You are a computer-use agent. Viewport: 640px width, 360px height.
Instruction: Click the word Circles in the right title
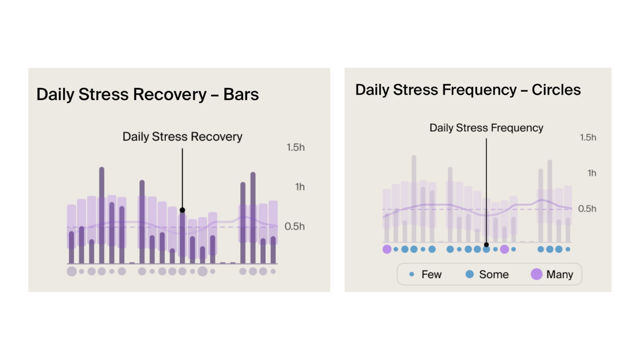click(556, 90)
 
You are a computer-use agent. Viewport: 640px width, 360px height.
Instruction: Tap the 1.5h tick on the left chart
click(295, 147)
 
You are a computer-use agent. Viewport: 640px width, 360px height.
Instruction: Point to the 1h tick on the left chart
click(299, 186)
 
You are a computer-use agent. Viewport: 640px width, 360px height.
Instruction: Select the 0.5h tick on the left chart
click(295, 226)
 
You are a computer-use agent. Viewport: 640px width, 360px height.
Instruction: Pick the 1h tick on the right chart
click(591, 173)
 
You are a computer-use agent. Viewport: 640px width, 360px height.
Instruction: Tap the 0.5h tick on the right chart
click(587, 208)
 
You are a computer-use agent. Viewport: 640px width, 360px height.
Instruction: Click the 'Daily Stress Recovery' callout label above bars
click(182, 136)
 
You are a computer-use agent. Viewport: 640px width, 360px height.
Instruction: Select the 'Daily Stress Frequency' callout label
click(486, 128)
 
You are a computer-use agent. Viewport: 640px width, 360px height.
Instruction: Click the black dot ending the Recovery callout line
click(182, 210)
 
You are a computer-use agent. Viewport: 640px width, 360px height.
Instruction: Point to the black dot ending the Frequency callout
click(486, 245)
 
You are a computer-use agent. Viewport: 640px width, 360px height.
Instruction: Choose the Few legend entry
click(425, 274)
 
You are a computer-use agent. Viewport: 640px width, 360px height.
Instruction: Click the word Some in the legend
click(493, 274)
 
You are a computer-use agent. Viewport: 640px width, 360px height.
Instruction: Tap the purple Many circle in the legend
click(536, 274)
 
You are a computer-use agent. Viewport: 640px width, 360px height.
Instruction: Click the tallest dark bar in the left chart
click(101, 215)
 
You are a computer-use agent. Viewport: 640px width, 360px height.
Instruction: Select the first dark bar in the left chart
click(71, 247)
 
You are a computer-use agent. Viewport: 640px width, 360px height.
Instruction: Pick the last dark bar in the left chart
click(273, 250)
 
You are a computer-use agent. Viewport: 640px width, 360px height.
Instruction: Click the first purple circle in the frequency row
click(386, 249)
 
